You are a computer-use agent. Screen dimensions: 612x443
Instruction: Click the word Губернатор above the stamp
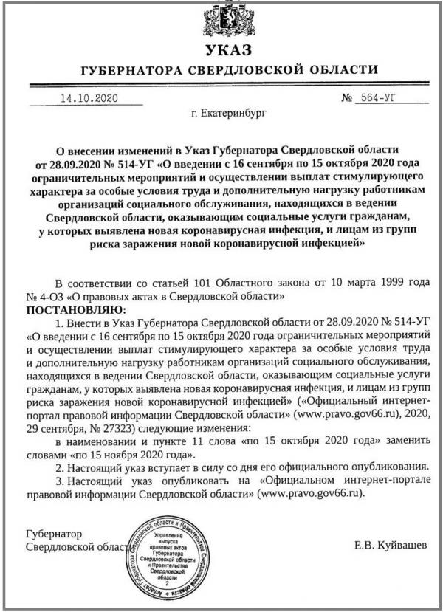(x=53, y=533)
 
